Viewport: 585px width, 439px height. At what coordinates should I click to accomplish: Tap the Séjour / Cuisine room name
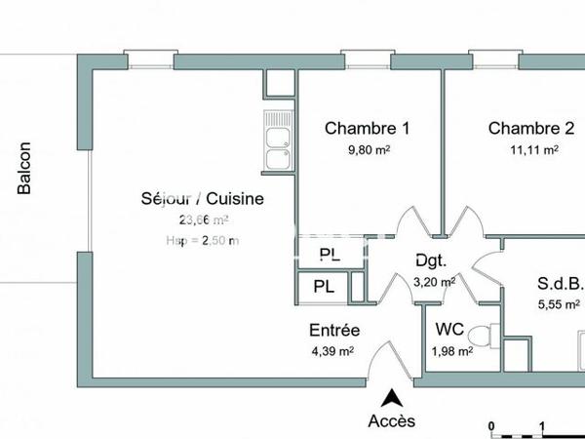pos(201,199)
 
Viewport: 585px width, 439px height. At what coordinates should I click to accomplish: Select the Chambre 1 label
pos(367,128)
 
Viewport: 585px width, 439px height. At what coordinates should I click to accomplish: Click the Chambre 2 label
pos(531,128)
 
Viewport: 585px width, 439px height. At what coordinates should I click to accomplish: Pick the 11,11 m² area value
pos(533,150)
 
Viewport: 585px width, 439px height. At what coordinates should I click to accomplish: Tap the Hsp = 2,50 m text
pos(203,241)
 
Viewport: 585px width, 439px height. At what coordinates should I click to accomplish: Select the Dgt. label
pos(431,260)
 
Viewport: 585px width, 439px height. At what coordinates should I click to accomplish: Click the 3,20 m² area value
pos(434,282)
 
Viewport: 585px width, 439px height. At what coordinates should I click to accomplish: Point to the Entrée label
pos(334,330)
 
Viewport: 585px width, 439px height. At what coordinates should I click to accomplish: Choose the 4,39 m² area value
pos(331,351)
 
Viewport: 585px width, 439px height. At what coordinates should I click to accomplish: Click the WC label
pos(450,329)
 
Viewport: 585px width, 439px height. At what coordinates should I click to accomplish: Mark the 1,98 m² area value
pos(452,351)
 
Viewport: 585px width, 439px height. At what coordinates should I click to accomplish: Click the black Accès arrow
pos(392,397)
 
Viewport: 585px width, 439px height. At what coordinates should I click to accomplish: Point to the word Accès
pos(391,421)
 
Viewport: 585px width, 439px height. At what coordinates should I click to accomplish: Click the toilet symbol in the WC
pos(492,331)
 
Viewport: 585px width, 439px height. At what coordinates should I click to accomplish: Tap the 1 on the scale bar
pos(542,426)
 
